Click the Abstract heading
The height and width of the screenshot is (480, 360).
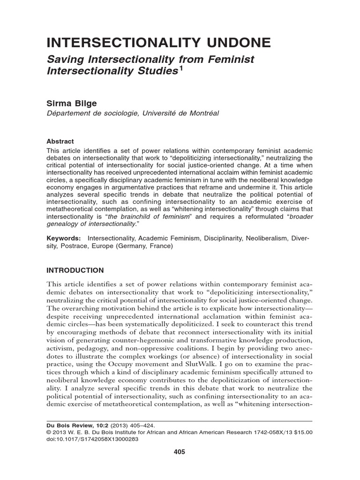(x=60, y=141)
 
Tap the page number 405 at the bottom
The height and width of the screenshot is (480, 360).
(x=180, y=452)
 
